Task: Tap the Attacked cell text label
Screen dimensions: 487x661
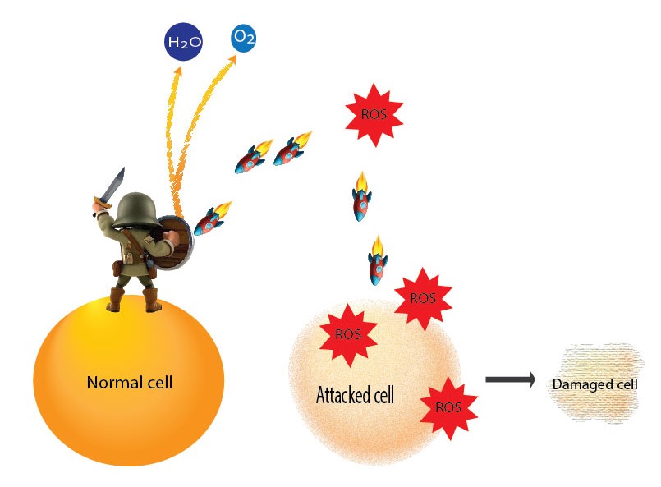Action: (x=355, y=396)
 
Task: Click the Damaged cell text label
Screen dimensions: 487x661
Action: (x=594, y=384)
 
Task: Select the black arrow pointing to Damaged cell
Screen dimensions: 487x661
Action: (x=509, y=379)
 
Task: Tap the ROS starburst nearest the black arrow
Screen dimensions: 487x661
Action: (x=448, y=407)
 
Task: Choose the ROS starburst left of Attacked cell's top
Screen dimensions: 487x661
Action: (x=347, y=334)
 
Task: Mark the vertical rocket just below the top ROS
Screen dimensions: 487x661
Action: (x=360, y=197)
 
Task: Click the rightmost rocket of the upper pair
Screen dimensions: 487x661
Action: (x=292, y=149)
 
